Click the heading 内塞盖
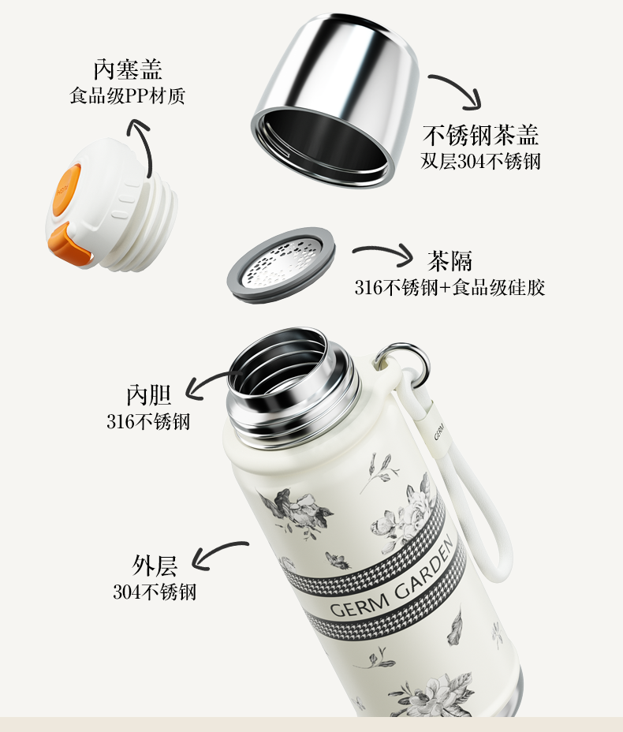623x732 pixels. [x=128, y=69]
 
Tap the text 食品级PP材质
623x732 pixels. [x=128, y=95]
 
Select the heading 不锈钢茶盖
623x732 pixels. [x=481, y=135]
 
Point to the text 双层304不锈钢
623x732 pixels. [x=481, y=162]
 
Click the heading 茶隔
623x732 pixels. [x=450, y=260]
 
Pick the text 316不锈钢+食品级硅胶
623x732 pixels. [x=450, y=287]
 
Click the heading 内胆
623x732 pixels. [x=149, y=395]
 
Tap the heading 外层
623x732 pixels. [x=155, y=566]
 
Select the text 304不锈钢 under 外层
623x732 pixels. [x=155, y=592]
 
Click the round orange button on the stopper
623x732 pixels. [x=66, y=189]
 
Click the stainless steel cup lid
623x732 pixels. [x=335, y=99]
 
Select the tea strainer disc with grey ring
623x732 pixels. [x=281, y=264]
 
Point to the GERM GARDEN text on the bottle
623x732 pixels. [x=391, y=577]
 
